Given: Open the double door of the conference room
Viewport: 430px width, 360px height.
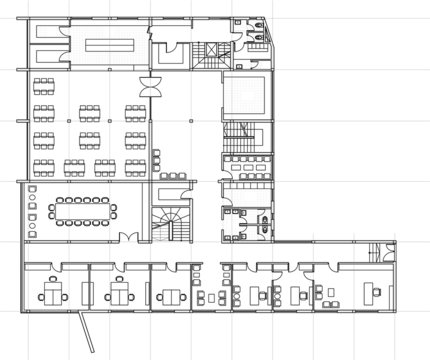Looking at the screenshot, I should pyautogui.click(x=127, y=237).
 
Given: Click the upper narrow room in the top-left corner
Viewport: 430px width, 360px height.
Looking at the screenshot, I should pyautogui.click(x=44, y=31).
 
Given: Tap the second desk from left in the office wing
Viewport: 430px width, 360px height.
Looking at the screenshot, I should pyautogui.click(x=117, y=295).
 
